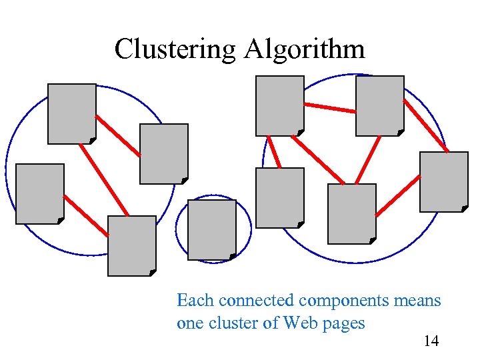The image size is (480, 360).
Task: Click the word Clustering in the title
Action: (x=175, y=49)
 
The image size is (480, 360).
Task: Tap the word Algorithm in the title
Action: (x=305, y=49)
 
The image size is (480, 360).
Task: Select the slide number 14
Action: (x=431, y=341)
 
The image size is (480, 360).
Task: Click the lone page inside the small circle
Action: (x=212, y=230)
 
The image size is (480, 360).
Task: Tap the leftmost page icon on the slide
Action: (x=40, y=193)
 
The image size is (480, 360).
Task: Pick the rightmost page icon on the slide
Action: (x=443, y=181)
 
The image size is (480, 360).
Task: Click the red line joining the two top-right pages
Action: (x=329, y=107)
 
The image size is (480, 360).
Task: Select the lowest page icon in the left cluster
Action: (x=131, y=245)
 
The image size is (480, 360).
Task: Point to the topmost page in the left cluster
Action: (x=71, y=113)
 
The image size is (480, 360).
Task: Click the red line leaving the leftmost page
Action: (x=85, y=215)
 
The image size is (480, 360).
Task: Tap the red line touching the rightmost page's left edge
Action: (x=398, y=195)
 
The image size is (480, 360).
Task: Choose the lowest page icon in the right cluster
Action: (x=351, y=214)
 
